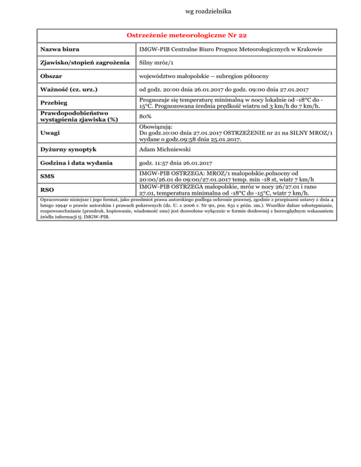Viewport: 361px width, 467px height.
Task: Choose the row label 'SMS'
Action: point(48,178)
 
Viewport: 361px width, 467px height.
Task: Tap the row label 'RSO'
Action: point(48,189)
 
